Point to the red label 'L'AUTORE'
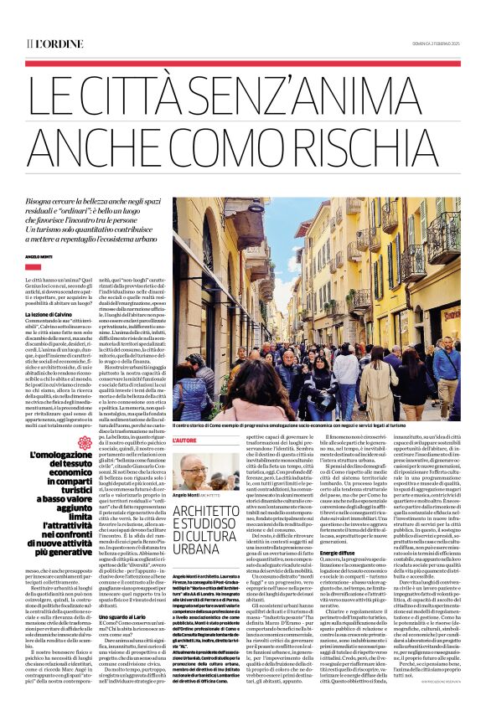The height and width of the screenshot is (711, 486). tap(184, 440)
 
